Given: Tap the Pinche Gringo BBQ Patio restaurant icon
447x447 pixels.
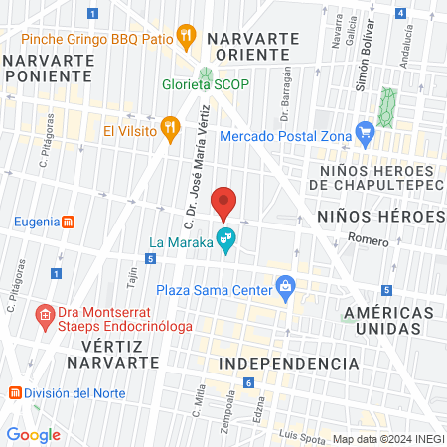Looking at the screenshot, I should (x=185, y=39).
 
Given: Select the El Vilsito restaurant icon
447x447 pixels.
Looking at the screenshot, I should (x=171, y=127).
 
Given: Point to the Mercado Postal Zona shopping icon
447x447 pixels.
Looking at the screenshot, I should (x=365, y=129).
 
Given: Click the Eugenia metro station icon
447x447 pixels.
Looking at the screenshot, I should (x=68, y=222).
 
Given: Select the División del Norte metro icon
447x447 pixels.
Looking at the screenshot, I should (x=14, y=391).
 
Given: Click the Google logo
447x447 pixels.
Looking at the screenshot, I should (x=33, y=434).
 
